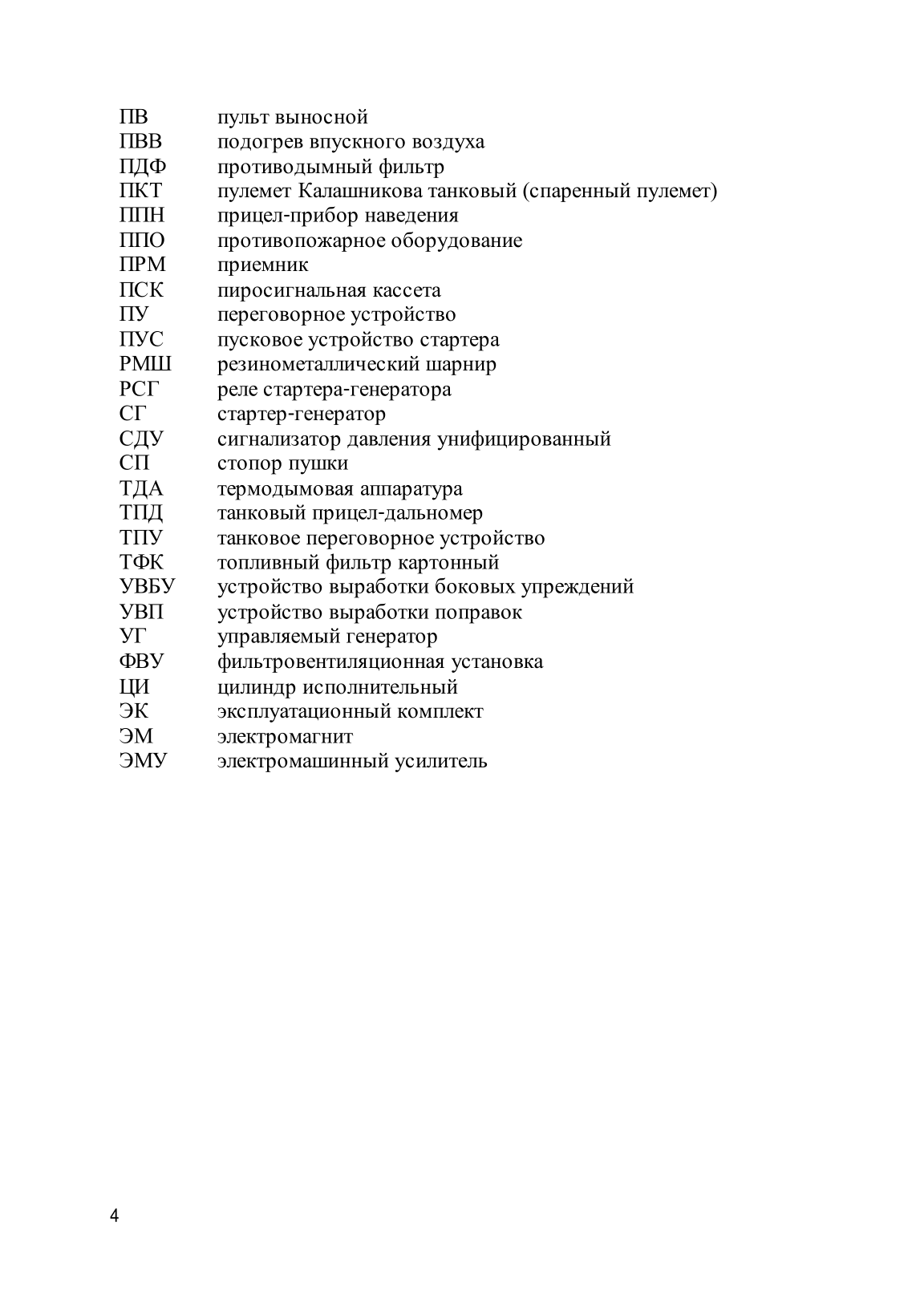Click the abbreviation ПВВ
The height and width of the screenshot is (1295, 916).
tap(140, 142)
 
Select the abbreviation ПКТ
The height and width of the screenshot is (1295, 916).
tap(140, 192)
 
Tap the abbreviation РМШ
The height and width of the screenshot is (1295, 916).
tap(145, 365)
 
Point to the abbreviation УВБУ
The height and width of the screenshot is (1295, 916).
tap(148, 587)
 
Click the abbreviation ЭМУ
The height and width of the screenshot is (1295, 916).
tap(144, 761)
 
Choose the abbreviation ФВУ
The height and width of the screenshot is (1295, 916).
tap(141, 662)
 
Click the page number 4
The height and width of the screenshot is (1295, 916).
tap(114, 1216)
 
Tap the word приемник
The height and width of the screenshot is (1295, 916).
tap(262, 265)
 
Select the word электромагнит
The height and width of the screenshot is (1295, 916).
tap(285, 736)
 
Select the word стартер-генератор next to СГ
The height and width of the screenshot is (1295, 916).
tap(302, 415)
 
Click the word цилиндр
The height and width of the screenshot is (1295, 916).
tap(253, 687)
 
